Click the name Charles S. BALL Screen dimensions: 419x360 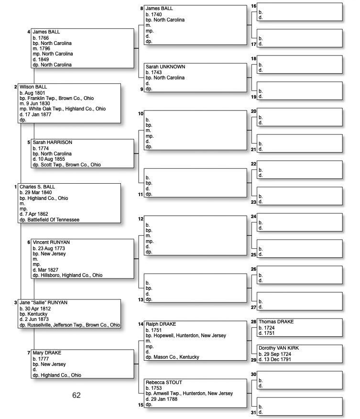click(x=37, y=187)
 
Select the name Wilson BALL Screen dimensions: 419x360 click(x=33, y=87)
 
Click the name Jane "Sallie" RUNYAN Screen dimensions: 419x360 click(x=44, y=303)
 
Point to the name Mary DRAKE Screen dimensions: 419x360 click(x=47, y=353)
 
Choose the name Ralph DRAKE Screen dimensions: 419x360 click(x=160, y=325)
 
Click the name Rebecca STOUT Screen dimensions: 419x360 click(x=164, y=383)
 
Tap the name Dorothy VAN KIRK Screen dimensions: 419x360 click(x=279, y=348)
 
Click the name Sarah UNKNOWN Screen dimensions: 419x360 click(x=165, y=67)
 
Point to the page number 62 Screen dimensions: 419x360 click(x=76, y=396)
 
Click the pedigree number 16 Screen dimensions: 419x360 click(x=253, y=6)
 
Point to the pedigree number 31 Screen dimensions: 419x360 click(x=254, y=412)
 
